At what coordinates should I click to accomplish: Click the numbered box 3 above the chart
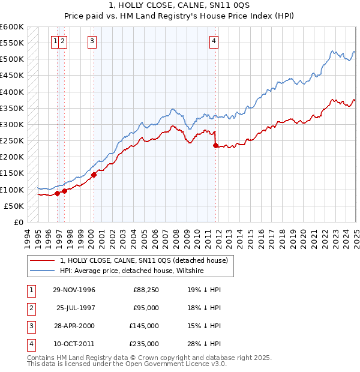click(x=92, y=41)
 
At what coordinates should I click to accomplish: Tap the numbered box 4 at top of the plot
click(x=214, y=41)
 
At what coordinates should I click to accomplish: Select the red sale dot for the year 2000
click(x=94, y=175)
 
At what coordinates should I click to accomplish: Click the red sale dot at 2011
click(x=216, y=145)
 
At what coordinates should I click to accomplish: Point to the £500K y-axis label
click(x=12, y=59)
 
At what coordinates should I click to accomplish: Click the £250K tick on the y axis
click(x=12, y=141)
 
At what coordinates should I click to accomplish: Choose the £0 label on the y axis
click(x=18, y=222)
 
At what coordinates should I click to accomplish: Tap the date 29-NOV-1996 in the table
click(x=74, y=290)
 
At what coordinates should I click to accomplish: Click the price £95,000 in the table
click(x=146, y=308)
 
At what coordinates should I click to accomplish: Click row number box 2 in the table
click(x=30, y=308)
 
